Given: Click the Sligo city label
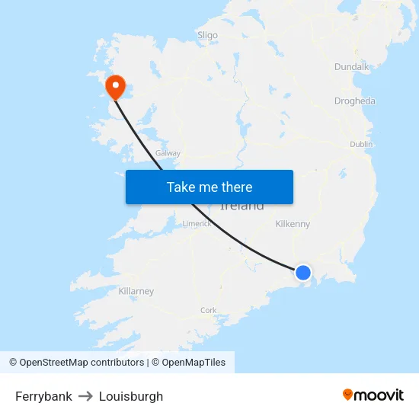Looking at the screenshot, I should point(207,35).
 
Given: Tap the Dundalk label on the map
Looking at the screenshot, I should point(351,67).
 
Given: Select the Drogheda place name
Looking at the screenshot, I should point(354,101).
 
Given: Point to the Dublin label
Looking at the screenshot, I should point(361,144).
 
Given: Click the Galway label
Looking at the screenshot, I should point(168,153).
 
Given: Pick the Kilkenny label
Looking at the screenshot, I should point(293,224).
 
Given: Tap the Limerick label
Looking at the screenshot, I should point(197,224).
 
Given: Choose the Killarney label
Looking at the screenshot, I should point(136,291).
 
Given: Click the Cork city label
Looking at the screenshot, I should point(208,310).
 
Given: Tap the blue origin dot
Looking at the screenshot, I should point(303,272).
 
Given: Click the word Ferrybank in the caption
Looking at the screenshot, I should point(43,396).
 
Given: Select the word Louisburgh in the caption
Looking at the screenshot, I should point(131,396).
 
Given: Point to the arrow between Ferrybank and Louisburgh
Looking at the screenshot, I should point(85,396).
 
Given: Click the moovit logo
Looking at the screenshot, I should point(373,395).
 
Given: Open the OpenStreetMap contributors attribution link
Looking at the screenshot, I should point(82,363).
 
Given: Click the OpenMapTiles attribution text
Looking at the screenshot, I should point(194,363).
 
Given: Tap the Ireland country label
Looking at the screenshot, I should point(242,206).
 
